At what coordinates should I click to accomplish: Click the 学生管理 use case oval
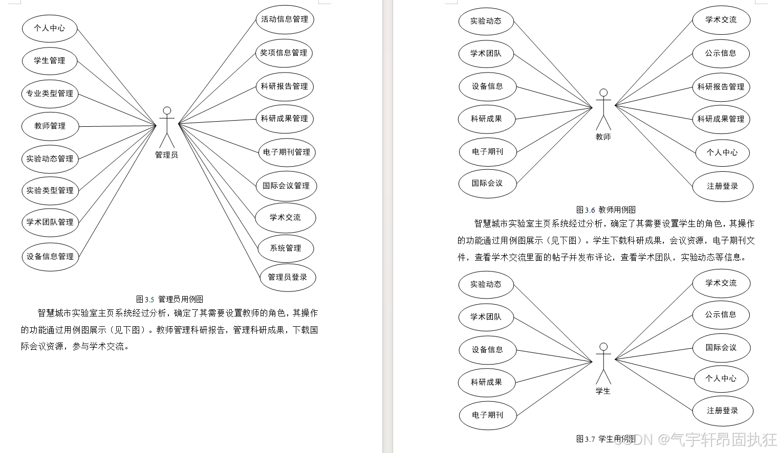[x=50, y=61]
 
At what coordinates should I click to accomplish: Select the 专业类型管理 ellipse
[x=50, y=94]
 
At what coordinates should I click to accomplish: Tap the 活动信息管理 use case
[x=285, y=19]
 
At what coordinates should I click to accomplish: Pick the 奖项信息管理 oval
[x=284, y=53]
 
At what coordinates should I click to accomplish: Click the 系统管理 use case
[x=286, y=248]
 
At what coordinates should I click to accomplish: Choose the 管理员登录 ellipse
[x=287, y=277]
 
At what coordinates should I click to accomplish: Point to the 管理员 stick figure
[x=167, y=127]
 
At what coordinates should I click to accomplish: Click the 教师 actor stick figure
[x=604, y=110]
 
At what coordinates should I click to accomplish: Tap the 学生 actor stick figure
[x=604, y=364]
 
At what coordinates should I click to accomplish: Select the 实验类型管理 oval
[x=50, y=191]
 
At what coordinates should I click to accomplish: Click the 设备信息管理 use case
[x=50, y=257]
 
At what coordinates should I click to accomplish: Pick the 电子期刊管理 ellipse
[x=287, y=152]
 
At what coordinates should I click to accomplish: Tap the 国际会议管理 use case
[x=286, y=186]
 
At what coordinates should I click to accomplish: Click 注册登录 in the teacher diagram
[x=722, y=187]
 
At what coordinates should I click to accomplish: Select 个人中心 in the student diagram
[x=721, y=379]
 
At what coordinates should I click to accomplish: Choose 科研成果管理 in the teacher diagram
[x=721, y=119]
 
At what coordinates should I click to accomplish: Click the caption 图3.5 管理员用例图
[x=169, y=299]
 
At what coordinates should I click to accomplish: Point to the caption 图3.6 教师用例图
[x=606, y=210]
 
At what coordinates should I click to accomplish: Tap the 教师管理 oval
[x=50, y=126]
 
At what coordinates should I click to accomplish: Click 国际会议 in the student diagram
[x=721, y=348]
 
